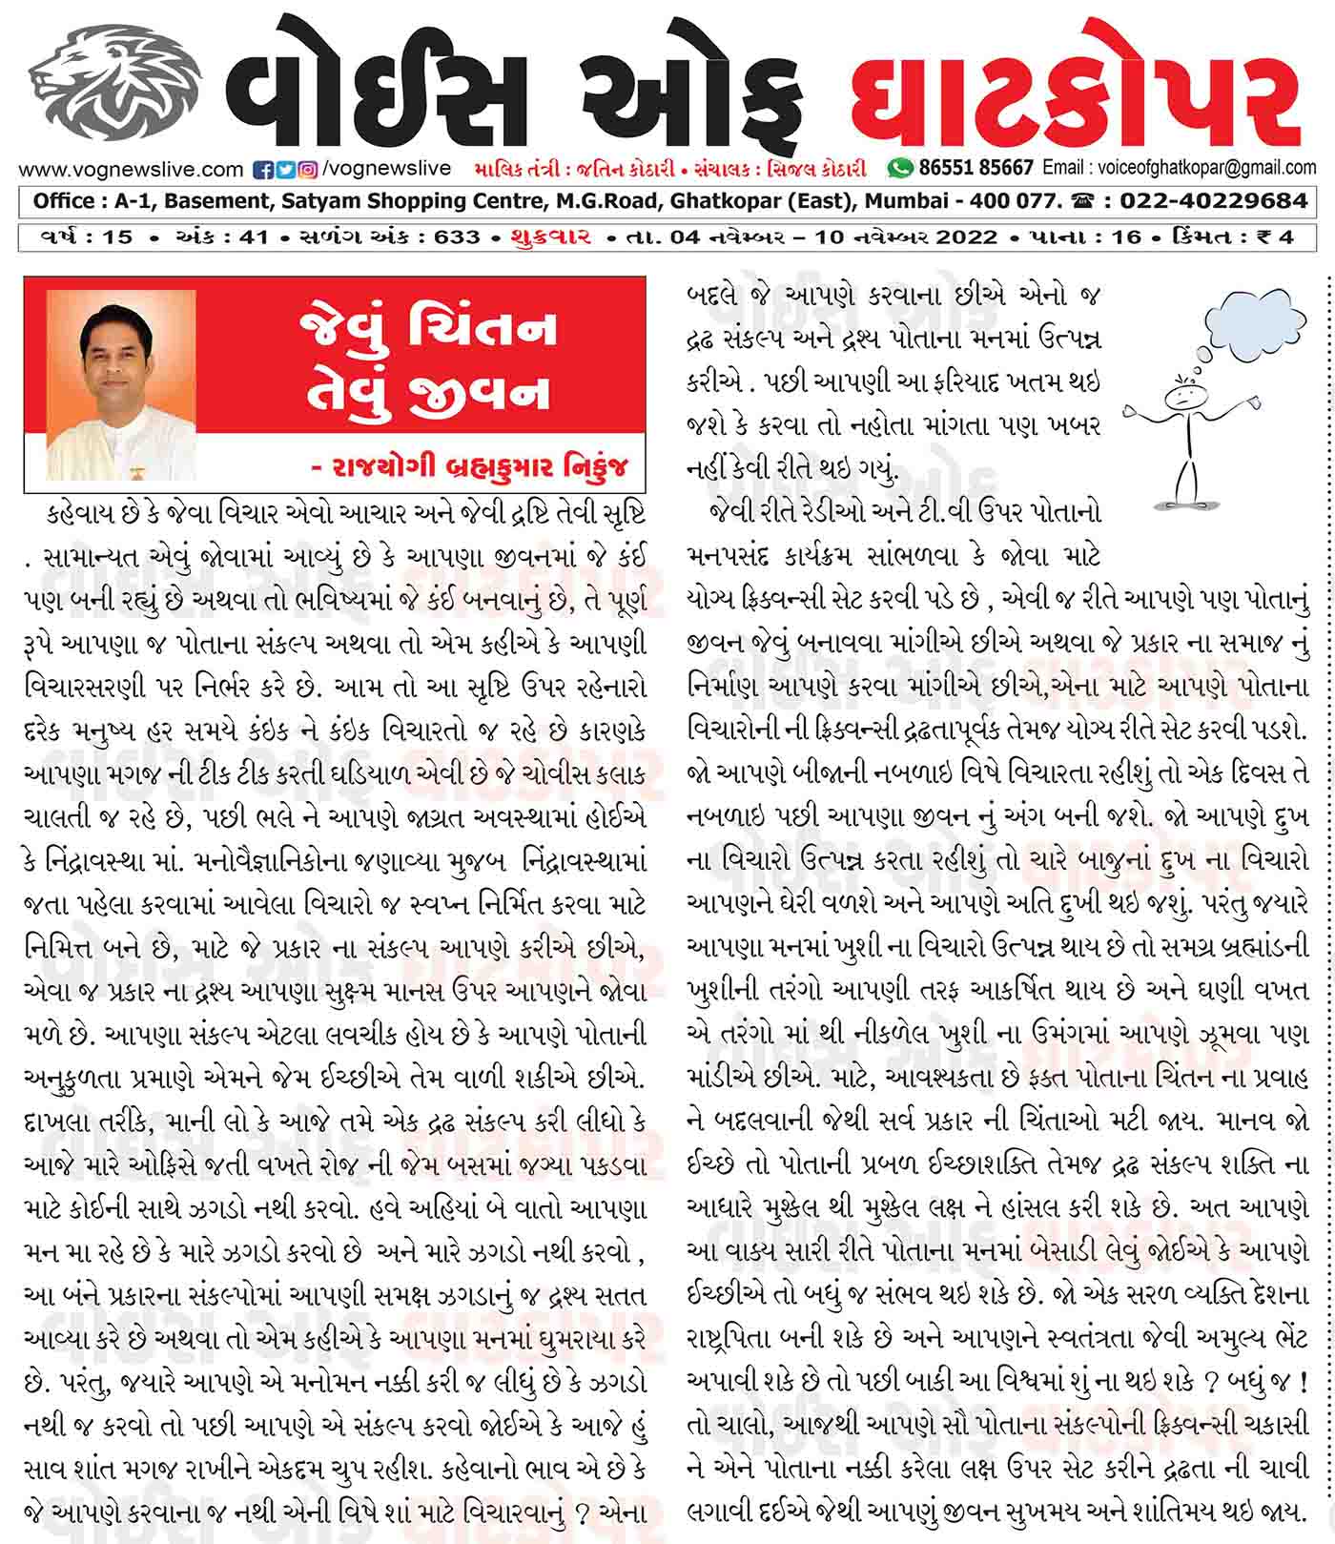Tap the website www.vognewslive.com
click(x=131, y=170)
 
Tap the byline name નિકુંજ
click(x=600, y=467)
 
